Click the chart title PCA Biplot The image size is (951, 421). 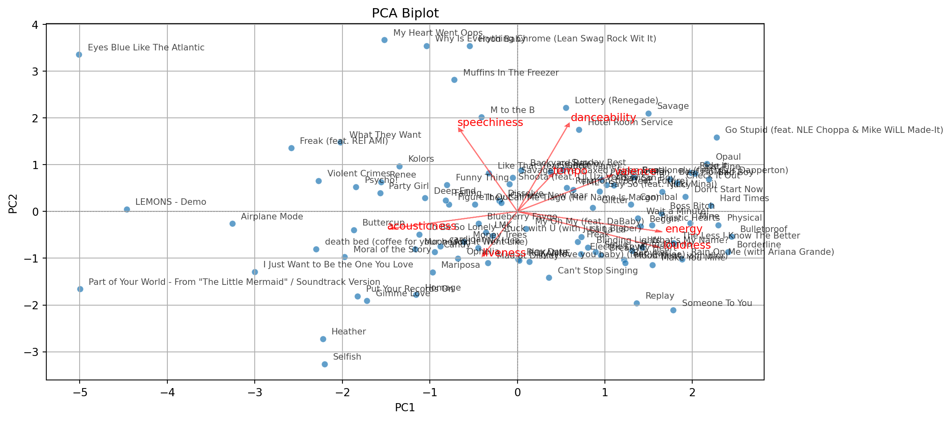(405, 13)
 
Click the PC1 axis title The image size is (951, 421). (405, 408)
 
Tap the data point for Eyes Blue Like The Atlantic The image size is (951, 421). (79, 55)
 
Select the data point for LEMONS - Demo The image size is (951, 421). (127, 209)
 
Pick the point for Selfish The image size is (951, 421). (325, 364)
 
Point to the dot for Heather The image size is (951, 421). (323, 339)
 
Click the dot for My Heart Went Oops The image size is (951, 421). (384, 40)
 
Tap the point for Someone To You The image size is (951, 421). (673, 310)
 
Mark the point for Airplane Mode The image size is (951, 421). (232, 224)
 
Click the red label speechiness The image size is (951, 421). (490, 123)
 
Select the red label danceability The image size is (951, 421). (603, 118)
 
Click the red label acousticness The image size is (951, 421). (421, 226)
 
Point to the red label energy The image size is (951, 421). (684, 229)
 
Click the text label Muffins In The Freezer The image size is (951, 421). (511, 73)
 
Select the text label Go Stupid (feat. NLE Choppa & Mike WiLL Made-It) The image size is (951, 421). (834, 130)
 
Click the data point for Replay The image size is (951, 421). (637, 303)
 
